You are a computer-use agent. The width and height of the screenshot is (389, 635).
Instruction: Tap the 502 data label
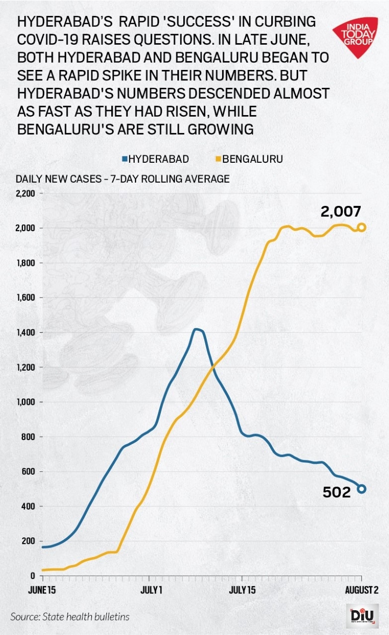337,492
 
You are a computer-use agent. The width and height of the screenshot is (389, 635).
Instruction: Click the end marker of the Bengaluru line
362,227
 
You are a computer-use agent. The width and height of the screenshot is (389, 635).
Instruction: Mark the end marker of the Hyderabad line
362,489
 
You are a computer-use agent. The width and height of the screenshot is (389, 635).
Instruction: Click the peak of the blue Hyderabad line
197,329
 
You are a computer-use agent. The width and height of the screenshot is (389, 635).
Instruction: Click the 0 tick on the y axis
31,576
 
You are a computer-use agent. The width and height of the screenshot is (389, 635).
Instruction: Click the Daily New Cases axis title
122,179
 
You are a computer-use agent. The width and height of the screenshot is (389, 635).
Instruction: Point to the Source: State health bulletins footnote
70,617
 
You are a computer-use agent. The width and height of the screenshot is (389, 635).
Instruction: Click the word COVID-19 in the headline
59,40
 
